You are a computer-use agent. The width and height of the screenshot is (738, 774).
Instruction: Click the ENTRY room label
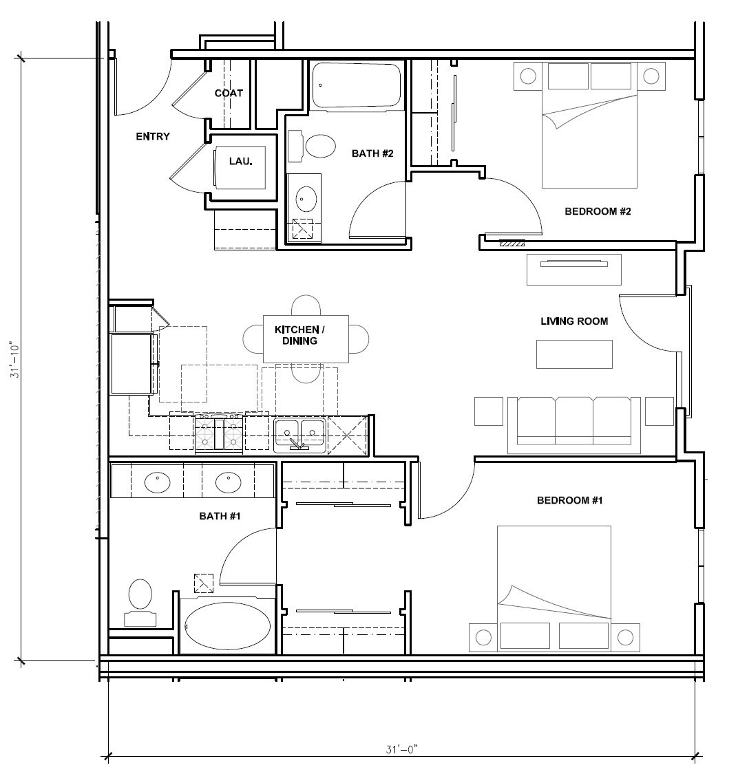(x=152, y=136)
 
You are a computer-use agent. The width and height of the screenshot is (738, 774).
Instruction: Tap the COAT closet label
(x=229, y=93)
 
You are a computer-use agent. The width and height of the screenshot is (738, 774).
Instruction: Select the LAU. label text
(x=240, y=161)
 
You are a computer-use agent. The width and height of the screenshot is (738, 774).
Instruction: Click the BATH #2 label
(x=372, y=153)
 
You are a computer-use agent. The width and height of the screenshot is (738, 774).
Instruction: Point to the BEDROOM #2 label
(x=598, y=211)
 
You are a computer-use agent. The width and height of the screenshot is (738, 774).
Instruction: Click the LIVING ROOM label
(x=573, y=321)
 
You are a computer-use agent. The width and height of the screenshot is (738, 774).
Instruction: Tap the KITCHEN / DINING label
(x=299, y=335)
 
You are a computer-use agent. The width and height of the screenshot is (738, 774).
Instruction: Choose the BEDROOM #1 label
(x=569, y=500)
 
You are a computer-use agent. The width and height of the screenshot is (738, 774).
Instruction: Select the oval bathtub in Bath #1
(x=229, y=626)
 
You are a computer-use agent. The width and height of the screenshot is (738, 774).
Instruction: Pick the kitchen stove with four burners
(x=219, y=433)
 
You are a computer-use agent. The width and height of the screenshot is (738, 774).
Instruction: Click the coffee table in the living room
(x=574, y=354)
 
